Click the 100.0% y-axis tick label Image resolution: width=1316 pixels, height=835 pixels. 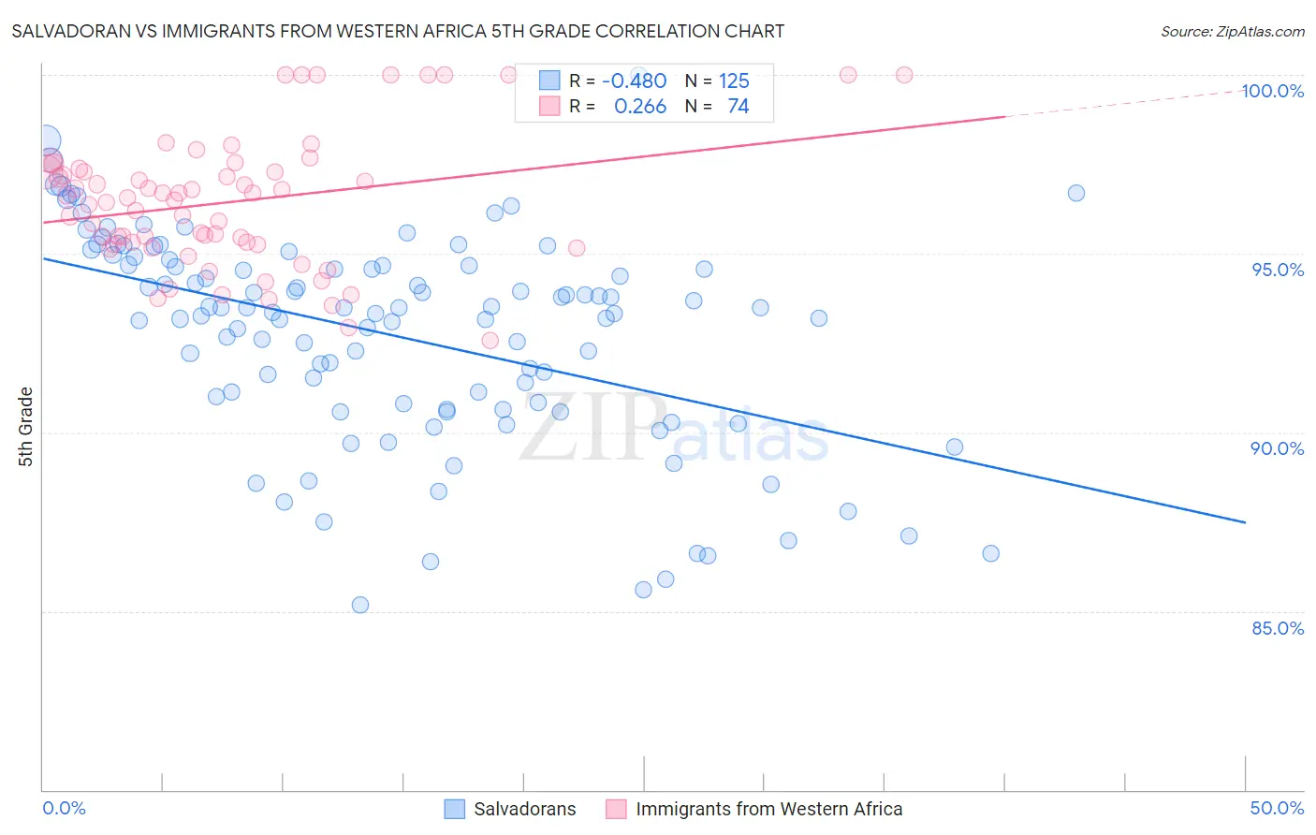pyautogui.click(x=1272, y=91)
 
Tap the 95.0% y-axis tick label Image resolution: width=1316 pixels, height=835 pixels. pyautogui.click(x=1278, y=270)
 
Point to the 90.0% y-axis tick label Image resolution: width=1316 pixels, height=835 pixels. pyautogui.click(x=1278, y=448)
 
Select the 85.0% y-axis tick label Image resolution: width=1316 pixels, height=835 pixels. pyautogui.click(x=1278, y=628)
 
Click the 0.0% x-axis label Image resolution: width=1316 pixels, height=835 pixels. pyautogui.click(x=64, y=808)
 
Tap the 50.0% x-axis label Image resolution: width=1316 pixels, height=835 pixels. pyautogui.click(x=1277, y=808)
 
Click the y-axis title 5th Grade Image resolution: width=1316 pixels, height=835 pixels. pyautogui.click(x=26, y=426)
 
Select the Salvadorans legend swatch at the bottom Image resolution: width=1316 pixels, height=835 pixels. pyautogui.click(x=454, y=809)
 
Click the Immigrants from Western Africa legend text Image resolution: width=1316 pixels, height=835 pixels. pyautogui.click(x=769, y=809)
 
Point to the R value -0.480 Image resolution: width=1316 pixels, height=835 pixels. pyautogui.click(x=634, y=81)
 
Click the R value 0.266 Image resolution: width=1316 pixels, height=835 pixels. pyautogui.click(x=640, y=107)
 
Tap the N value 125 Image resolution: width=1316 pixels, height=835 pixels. pyautogui.click(x=734, y=81)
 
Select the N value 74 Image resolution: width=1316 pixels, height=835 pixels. pyautogui.click(x=738, y=107)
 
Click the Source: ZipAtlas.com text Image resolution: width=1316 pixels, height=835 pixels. pyautogui.click(x=1232, y=32)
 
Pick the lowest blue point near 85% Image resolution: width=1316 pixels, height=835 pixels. pyautogui.click(x=360, y=605)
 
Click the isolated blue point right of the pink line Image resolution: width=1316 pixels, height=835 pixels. pyautogui.click(x=1076, y=193)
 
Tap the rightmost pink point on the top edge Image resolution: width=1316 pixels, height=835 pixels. pyautogui.click(x=904, y=75)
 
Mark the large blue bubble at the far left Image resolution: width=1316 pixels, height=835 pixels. pyautogui.click(x=46, y=141)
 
